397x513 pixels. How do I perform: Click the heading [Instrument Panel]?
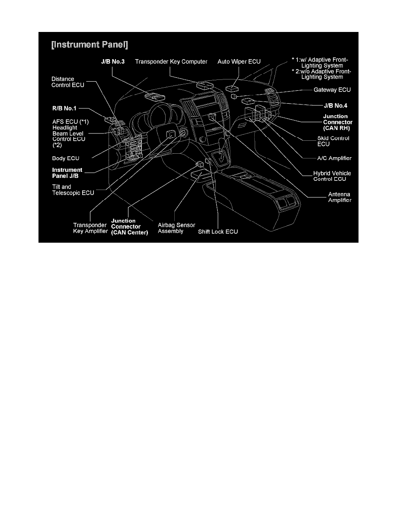click(90, 44)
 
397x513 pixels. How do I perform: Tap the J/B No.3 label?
click(113, 61)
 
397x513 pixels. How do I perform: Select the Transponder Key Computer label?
click(171, 61)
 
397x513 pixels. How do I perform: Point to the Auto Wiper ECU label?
click(239, 61)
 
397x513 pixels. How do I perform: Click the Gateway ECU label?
click(332, 90)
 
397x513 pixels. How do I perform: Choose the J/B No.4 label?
click(336, 105)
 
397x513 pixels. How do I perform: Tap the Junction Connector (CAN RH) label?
click(337, 122)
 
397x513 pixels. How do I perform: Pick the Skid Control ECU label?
click(333, 141)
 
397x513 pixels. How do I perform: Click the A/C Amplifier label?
click(334, 158)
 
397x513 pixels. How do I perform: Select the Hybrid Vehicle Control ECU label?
click(332, 176)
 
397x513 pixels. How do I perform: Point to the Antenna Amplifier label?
click(339, 197)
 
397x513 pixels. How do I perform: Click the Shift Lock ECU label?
click(218, 231)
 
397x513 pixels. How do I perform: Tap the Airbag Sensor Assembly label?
click(176, 228)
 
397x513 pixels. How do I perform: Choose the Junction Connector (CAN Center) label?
click(129, 226)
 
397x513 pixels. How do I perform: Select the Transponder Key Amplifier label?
click(90, 228)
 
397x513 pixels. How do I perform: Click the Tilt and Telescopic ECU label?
click(73, 190)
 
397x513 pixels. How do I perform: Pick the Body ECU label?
click(65, 158)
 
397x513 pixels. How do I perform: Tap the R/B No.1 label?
click(64, 108)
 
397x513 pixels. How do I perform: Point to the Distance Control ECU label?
click(68, 82)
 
